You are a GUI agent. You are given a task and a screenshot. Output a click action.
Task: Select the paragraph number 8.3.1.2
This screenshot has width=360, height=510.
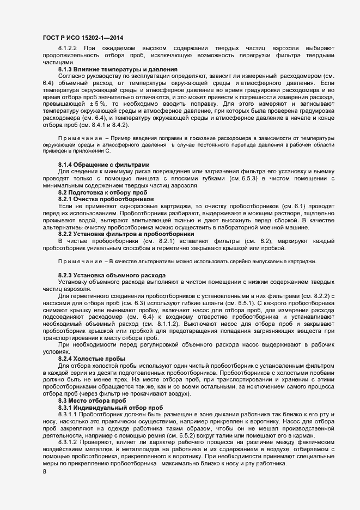click(70, 442)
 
